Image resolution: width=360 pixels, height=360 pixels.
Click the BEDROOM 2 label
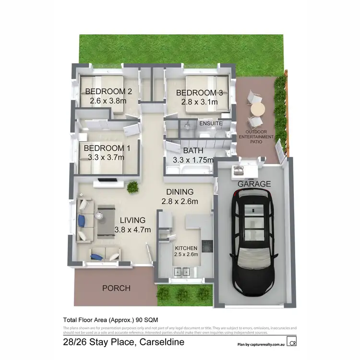[108, 91]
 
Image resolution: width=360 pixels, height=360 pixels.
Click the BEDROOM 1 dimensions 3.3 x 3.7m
[106, 157]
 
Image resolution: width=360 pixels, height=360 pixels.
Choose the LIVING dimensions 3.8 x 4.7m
[133, 229]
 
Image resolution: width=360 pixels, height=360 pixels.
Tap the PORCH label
[116, 288]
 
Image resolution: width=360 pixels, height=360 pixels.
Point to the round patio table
[258, 109]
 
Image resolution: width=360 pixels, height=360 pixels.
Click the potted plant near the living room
[133, 186]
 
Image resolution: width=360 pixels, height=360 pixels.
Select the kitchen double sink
[183, 272]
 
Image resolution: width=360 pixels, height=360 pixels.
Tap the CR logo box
[291, 342]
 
